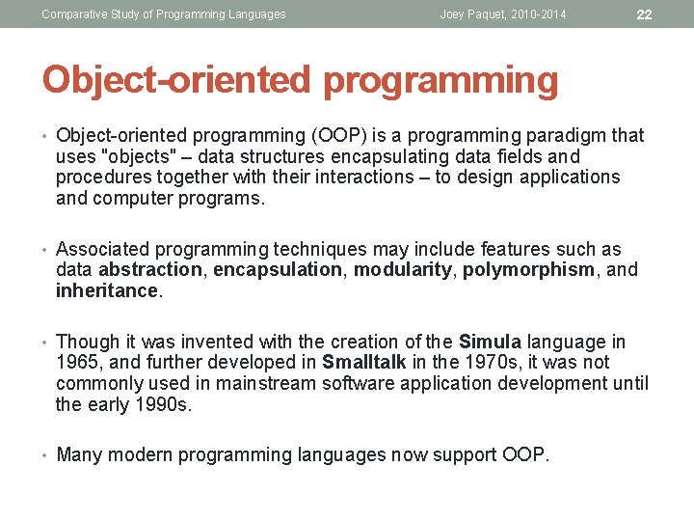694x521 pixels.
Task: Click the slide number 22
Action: [645, 14]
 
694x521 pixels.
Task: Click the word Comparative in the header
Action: [73, 14]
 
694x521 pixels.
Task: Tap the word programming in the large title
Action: [440, 81]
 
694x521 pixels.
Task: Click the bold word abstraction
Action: [150, 270]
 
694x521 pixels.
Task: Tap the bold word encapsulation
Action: [278, 270]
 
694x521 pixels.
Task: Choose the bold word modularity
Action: [402, 270]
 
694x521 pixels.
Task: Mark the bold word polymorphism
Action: [528, 270]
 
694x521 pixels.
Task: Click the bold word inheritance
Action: [106, 291]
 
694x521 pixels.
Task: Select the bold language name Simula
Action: [491, 342]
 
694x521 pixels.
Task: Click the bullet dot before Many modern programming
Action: [45, 454]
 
